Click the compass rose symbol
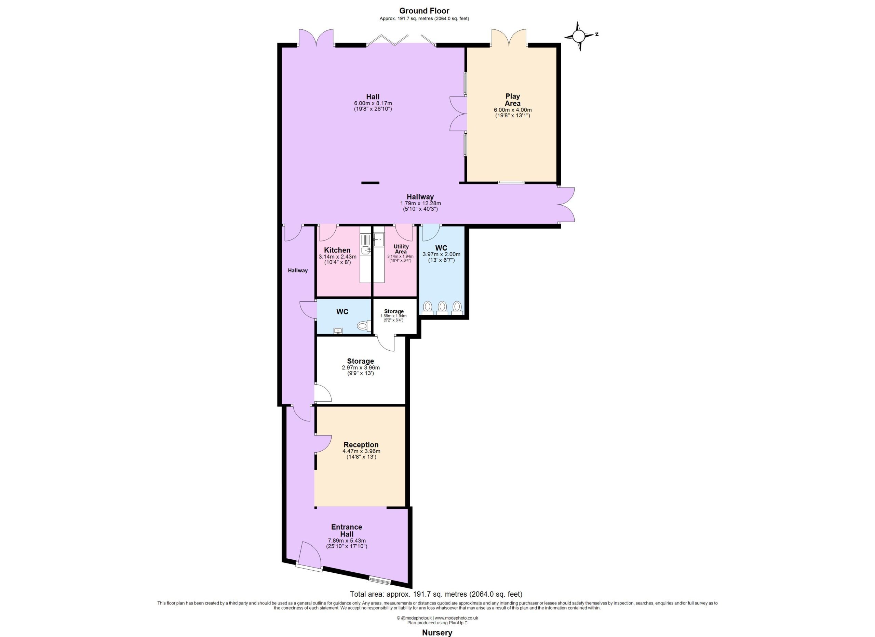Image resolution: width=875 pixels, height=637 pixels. (578, 36)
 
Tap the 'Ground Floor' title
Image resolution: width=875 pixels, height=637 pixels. (424, 11)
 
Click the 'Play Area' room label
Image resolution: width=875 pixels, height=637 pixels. (513, 100)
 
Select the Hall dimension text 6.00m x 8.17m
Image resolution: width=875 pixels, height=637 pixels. (373, 103)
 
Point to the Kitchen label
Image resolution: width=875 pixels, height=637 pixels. (337, 250)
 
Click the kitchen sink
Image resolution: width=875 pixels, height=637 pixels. (365, 250)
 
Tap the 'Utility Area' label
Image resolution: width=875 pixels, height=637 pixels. (401, 249)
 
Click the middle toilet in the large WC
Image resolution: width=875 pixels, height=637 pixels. (442, 308)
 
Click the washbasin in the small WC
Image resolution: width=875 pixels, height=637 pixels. (338, 331)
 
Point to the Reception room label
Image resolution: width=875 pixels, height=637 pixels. (361, 445)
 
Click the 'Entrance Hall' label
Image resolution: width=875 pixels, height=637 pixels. (347, 531)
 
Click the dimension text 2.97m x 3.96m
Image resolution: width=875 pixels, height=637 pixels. (360, 367)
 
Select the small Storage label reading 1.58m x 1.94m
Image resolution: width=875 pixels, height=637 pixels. (393, 316)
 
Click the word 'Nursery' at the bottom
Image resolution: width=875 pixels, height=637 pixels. (437, 632)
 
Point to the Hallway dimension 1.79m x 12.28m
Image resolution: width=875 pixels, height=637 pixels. (420, 204)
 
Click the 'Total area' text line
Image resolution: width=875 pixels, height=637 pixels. (436, 594)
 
